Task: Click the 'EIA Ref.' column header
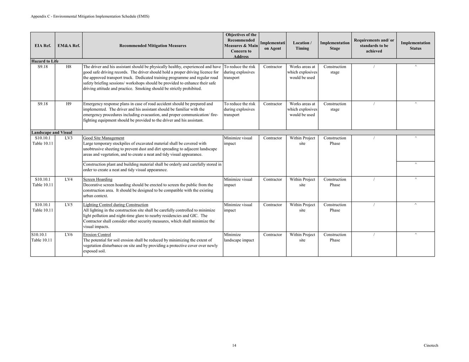click(43, 46)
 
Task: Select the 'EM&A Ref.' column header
click(69, 46)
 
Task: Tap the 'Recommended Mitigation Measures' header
click(153, 46)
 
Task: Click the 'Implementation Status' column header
click(415, 46)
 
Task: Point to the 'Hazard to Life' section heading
click(45, 61)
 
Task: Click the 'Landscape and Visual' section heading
click(52, 133)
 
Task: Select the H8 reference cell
click(69, 67)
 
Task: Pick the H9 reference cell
click(69, 104)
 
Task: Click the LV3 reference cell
click(69, 138)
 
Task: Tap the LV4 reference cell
click(69, 180)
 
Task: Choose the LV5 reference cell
click(69, 205)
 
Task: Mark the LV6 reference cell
click(69, 235)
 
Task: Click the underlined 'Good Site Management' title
click(104, 138)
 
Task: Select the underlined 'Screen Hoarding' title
click(98, 180)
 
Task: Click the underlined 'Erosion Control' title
click(97, 235)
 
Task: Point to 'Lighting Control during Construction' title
click(115, 205)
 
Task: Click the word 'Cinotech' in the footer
click(431, 346)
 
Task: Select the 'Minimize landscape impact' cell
click(239, 237)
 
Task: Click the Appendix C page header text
click(90, 16)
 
